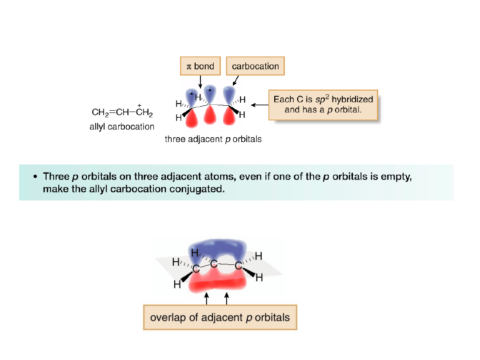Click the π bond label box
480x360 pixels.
(200, 66)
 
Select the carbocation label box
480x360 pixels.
(255, 66)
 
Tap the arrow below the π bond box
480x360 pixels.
(200, 81)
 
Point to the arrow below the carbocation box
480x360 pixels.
(236, 80)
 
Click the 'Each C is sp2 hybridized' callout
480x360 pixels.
(323, 105)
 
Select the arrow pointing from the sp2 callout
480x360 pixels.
(260, 105)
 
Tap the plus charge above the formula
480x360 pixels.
(139, 105)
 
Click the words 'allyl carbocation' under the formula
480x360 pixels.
(122, 127)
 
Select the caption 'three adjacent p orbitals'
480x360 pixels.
(213, 139)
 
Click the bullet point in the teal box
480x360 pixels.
(35, 176)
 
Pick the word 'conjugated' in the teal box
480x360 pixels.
(197, 189)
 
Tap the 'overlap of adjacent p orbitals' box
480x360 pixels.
(220, 317)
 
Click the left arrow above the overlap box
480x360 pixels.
(207, 298)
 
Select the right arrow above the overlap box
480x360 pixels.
(227, 298)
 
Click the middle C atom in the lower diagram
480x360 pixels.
(214, 264)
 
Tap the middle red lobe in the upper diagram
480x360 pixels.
(210, 116)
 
